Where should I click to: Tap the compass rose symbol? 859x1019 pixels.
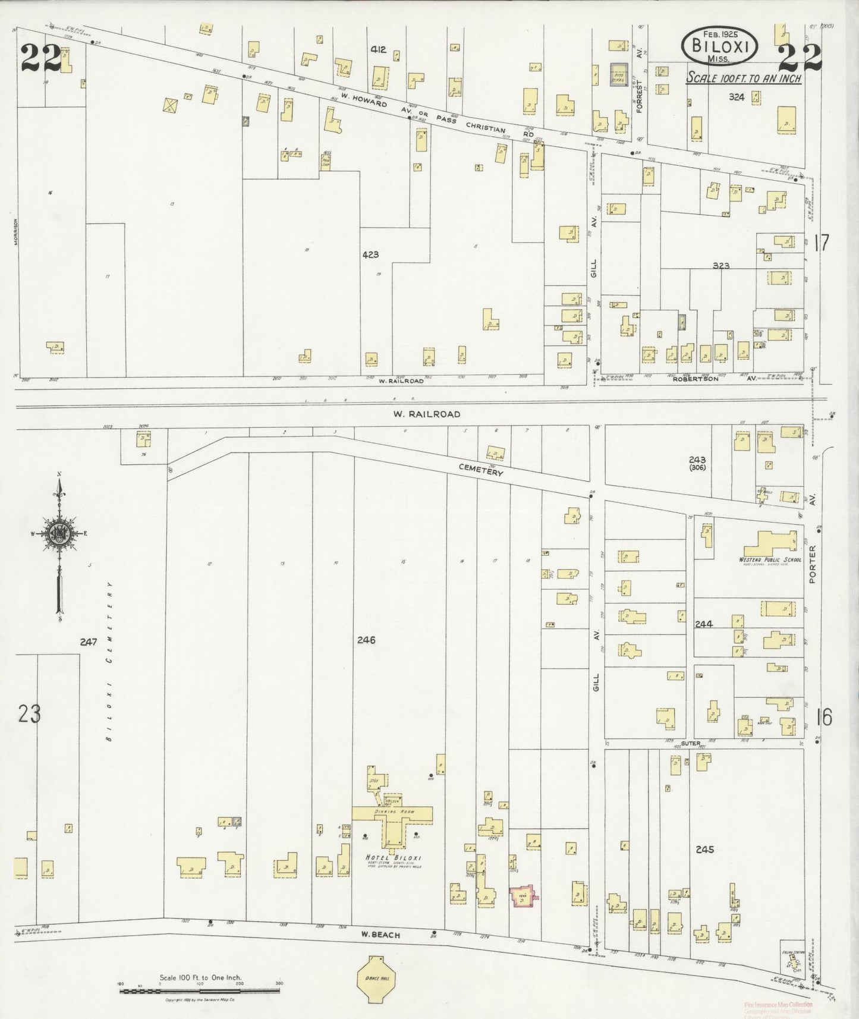coord(59,533)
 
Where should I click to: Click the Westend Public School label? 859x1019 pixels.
coord(770,560)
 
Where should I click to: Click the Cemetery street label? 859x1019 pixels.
coord(480,470)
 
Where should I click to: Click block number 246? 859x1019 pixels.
coord(366,640)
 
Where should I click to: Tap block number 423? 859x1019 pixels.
coord(370,254)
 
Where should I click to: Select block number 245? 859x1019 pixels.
coord(704,850)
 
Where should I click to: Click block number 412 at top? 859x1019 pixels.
coord(378,50)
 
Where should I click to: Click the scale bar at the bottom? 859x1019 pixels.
coord(200,990)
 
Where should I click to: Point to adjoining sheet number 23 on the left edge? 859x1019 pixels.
coord(29,713)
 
